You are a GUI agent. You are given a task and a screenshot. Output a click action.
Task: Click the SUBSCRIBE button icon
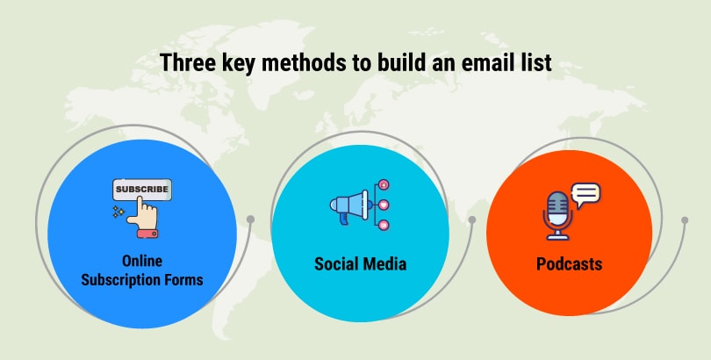tap(142, 190)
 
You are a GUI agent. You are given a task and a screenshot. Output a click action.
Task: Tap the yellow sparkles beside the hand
tap(118, 212)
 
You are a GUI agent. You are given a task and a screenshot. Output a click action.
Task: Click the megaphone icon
tap(349, 205)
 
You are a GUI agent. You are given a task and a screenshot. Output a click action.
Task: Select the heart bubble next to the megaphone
tap(384, 205)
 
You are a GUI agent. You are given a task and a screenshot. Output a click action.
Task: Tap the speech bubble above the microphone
tap(585, 193)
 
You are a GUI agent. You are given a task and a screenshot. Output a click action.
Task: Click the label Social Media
tap(360, 264)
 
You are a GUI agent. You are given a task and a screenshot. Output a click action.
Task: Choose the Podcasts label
tap(569, 264)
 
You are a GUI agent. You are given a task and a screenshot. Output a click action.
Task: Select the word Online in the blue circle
tap(142, 261)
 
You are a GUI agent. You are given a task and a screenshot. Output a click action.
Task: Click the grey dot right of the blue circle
tap(250, 220)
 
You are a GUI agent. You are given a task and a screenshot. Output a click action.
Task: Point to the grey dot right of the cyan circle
tap(472, 220)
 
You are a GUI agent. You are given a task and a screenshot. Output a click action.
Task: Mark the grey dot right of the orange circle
tap(685, 220)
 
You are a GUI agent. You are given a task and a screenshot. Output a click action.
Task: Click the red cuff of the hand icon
tap(147, 234)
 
